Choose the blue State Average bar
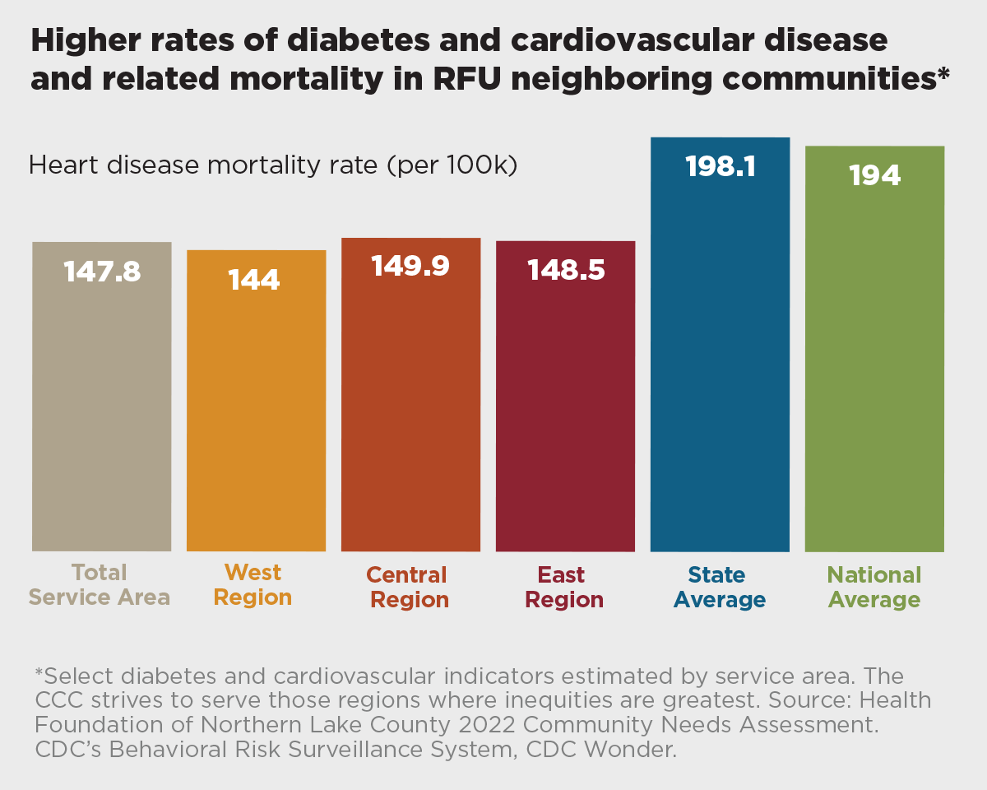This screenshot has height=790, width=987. point(720,362)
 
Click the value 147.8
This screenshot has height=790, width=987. point(102,272)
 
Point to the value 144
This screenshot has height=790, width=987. point(254,281)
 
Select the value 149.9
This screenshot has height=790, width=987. point(410,266)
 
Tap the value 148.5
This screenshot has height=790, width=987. point(566,270)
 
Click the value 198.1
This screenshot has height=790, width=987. point(720,167)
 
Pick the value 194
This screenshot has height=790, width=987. point(874,175)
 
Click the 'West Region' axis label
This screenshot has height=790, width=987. point(253,584)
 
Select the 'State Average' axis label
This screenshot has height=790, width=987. point(720,587)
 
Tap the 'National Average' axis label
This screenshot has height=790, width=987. point(874,587)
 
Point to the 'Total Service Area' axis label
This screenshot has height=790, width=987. point(100,584)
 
